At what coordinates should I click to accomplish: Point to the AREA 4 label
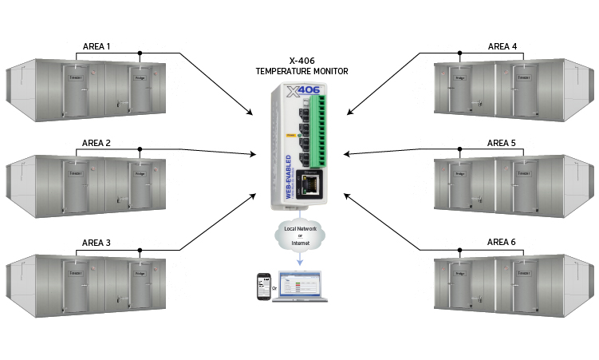click(x=502, y=47)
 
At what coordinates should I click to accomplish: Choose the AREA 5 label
click(x=502, y=144)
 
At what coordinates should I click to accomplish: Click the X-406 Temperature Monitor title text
click(x=301, y=65)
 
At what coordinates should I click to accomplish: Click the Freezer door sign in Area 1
click(x=77, y=79)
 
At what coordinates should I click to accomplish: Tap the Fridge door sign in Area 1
click(x=140, y=79)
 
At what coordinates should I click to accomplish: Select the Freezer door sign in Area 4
click(x=522, y=79)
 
